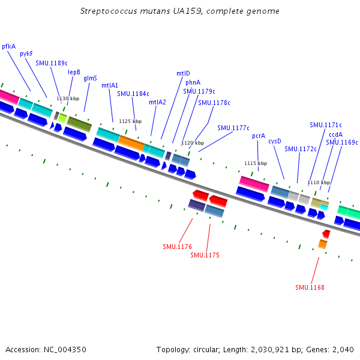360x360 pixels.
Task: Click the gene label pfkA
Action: [x=9, y=46]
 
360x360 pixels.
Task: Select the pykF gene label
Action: [x=26, y=53]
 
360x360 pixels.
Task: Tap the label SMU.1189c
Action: [x=52, y=62]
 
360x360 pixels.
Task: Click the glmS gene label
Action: [x=90, y=78]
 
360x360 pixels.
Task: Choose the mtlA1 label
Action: [x=110, y=85]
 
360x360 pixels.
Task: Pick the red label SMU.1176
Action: [x=177, y=247]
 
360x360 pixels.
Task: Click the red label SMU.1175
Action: [x=205, y=255]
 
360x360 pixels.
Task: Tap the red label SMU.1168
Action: [x=310, y=287]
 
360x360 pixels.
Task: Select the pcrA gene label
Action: [x=259, y=136]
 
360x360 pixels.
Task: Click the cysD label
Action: [x=275, y=141]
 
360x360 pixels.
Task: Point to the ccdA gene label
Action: [x=335, y=134]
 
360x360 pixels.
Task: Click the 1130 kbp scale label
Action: [x=68, y=98]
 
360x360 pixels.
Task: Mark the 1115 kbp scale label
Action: [x=256, y=163]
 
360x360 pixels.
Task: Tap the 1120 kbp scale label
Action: [x=193, y=143]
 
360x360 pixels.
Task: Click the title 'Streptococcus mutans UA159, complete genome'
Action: [x=179, y=11]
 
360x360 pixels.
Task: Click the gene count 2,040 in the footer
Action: [x=343, y=349]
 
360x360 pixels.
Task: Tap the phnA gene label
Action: [x=193, y=82]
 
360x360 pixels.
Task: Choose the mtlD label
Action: [x=183, y=73]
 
